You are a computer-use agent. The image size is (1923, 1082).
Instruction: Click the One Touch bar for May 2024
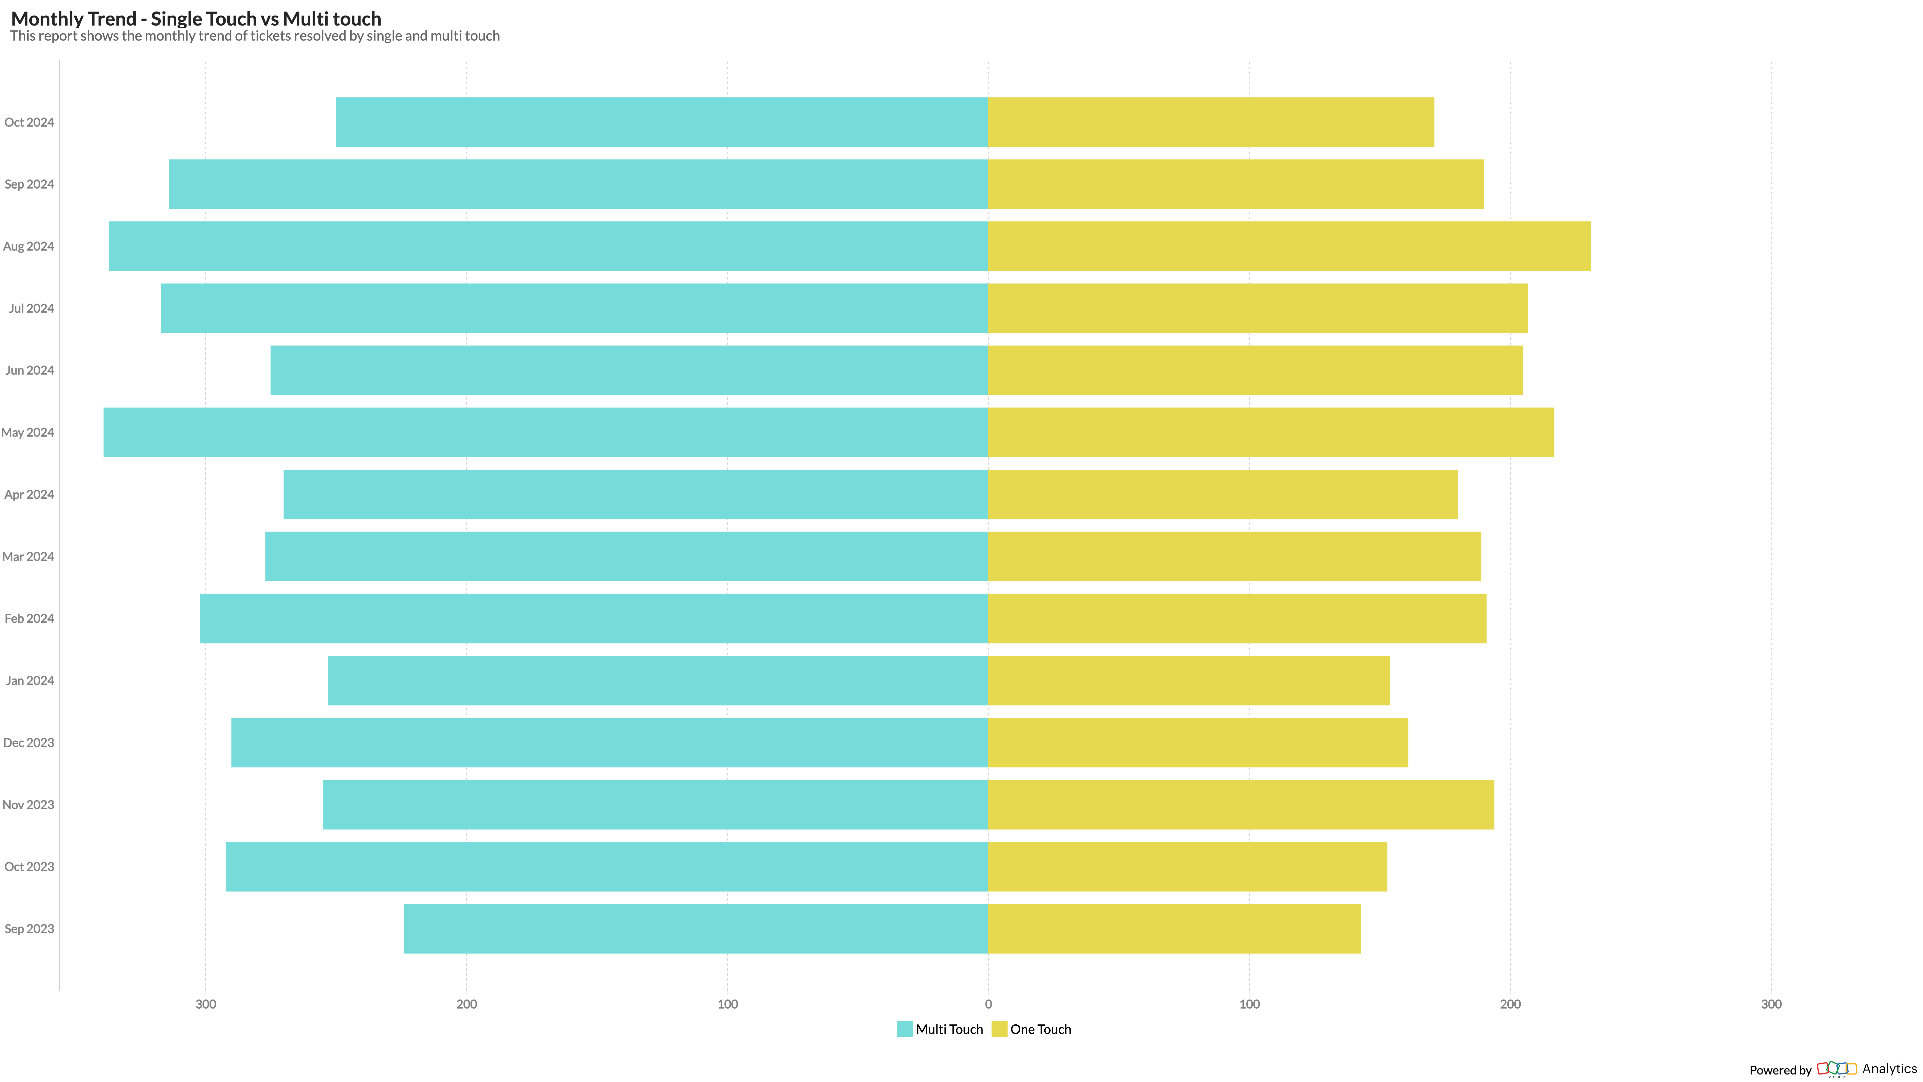(x=1270, y=432)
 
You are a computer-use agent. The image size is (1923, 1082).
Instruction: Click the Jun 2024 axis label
(x=30, y=370)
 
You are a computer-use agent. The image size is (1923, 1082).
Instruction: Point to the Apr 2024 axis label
(x=29, y=494)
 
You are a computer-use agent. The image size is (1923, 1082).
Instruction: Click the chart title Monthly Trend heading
(x=196, y=19)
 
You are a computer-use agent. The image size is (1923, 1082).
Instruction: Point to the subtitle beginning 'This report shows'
(x=255, y=36)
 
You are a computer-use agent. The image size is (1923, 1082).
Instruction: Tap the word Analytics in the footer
(x=1889, y=1068)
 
